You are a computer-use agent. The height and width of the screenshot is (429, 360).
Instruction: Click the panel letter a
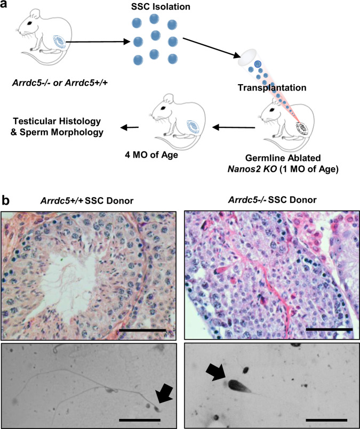(x=7, y=6)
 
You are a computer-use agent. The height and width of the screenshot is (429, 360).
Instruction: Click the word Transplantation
(x=262, y=88)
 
